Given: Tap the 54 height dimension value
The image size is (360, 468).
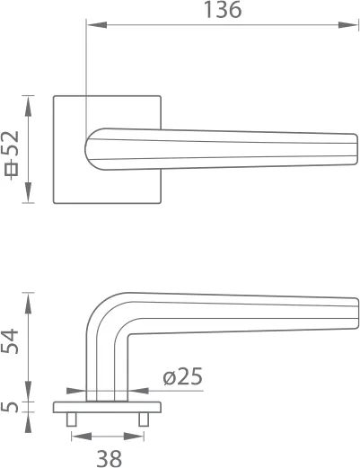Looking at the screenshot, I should tap(12, 342).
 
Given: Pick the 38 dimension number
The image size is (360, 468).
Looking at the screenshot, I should tap(109, 458).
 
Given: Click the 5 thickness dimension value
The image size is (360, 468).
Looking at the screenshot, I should tap(12, 405).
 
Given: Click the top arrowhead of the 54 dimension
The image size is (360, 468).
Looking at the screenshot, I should tap(29, 300).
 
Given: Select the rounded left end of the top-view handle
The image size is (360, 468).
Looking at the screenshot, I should tap(89, 149).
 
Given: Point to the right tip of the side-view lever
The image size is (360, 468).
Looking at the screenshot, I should tap(356, 309).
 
